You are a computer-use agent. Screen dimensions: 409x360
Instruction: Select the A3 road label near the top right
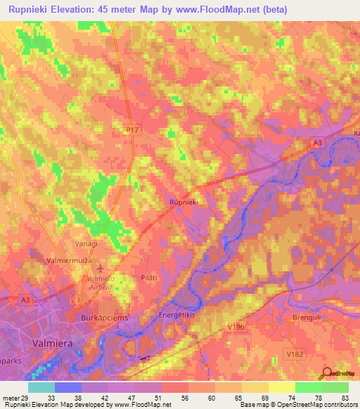tap(318, 143)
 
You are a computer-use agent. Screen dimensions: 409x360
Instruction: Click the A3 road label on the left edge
tap(26, 300)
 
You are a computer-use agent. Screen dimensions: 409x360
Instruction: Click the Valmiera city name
tap(54, 342)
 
